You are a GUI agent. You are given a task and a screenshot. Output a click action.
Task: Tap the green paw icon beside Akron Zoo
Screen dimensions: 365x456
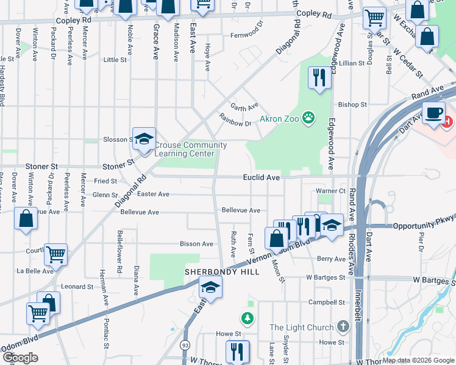309,118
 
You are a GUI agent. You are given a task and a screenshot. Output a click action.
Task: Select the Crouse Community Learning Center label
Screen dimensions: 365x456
190,149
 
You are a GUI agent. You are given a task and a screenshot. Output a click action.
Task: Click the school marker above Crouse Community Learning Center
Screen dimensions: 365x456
144,139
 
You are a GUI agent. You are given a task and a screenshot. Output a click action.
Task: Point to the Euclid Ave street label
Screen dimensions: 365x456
261,178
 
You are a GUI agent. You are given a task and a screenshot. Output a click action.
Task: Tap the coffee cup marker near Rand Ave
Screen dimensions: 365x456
433,114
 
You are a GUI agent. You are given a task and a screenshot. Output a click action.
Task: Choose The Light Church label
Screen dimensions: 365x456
302,327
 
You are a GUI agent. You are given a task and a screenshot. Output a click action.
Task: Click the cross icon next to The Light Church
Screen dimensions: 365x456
343,327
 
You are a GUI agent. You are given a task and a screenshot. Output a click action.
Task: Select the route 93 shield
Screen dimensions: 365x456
184,344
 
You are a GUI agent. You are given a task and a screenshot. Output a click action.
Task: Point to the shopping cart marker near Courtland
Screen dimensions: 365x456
55,255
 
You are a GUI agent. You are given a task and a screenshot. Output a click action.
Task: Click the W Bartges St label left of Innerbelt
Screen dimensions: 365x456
326,277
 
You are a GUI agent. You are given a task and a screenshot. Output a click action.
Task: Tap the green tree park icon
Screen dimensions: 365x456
247,318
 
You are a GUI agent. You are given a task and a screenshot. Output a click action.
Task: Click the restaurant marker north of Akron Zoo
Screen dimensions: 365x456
319,77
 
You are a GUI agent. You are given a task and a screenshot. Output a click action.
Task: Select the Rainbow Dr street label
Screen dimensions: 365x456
235,123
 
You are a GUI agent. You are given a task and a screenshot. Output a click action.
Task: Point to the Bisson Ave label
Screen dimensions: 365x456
196,244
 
